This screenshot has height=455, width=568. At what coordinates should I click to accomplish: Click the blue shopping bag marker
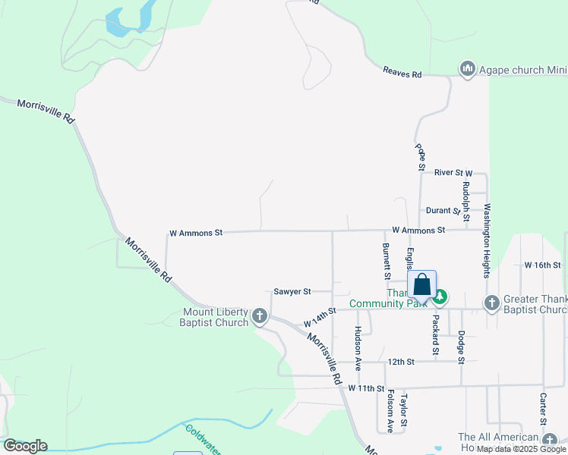click(x=422, y=286)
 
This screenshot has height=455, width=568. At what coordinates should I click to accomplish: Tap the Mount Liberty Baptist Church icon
click(x=260, y=315)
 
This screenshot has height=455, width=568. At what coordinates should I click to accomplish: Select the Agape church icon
click(x=467, y=70)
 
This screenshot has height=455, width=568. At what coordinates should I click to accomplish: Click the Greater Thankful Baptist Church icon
click(x=492, y=303)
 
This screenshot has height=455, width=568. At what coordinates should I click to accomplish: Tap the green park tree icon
click(x=440, y=295)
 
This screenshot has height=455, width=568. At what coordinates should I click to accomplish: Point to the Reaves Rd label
click(x=402, y=74)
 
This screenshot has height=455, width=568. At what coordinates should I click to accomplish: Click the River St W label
click(x=453, y=173)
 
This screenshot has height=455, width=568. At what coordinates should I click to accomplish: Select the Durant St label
click(x=443, y=210)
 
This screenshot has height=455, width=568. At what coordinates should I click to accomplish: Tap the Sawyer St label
click(x=292, y=291)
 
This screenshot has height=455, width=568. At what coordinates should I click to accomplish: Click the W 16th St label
click(x=542, y=265)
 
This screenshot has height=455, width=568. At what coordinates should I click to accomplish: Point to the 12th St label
click(x=399, y=362)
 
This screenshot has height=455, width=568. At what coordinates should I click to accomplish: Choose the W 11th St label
click(x=367, y=388)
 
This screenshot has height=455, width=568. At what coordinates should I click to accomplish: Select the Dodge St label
click(x=460, y=345)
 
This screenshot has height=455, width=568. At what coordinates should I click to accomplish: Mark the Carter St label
click(x=544, y=409)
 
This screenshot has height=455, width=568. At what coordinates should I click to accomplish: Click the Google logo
click(x=25, y=446)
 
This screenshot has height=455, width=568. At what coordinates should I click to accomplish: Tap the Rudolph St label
click(x=466, y=196)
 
